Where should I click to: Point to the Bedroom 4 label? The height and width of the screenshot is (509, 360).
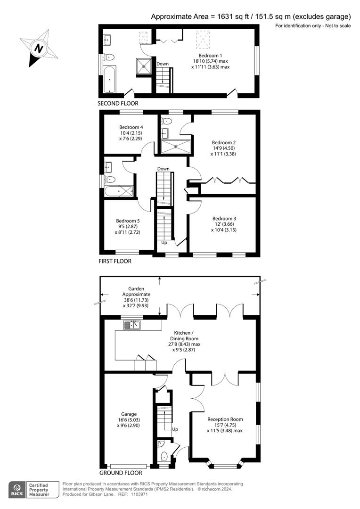point(131,127)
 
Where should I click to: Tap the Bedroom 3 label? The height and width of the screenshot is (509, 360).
point(224,219)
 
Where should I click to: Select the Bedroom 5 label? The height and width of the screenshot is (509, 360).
point(128,221)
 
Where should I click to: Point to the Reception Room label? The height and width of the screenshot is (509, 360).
point(225,419)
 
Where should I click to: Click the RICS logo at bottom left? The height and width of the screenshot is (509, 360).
point(17,489)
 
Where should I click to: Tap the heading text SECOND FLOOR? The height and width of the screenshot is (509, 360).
point(118,103)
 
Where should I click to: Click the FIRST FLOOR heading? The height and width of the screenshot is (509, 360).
point(115,261)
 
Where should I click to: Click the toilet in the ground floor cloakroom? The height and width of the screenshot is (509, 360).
point(164,456)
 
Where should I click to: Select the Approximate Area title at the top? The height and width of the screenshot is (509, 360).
point(251,16)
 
